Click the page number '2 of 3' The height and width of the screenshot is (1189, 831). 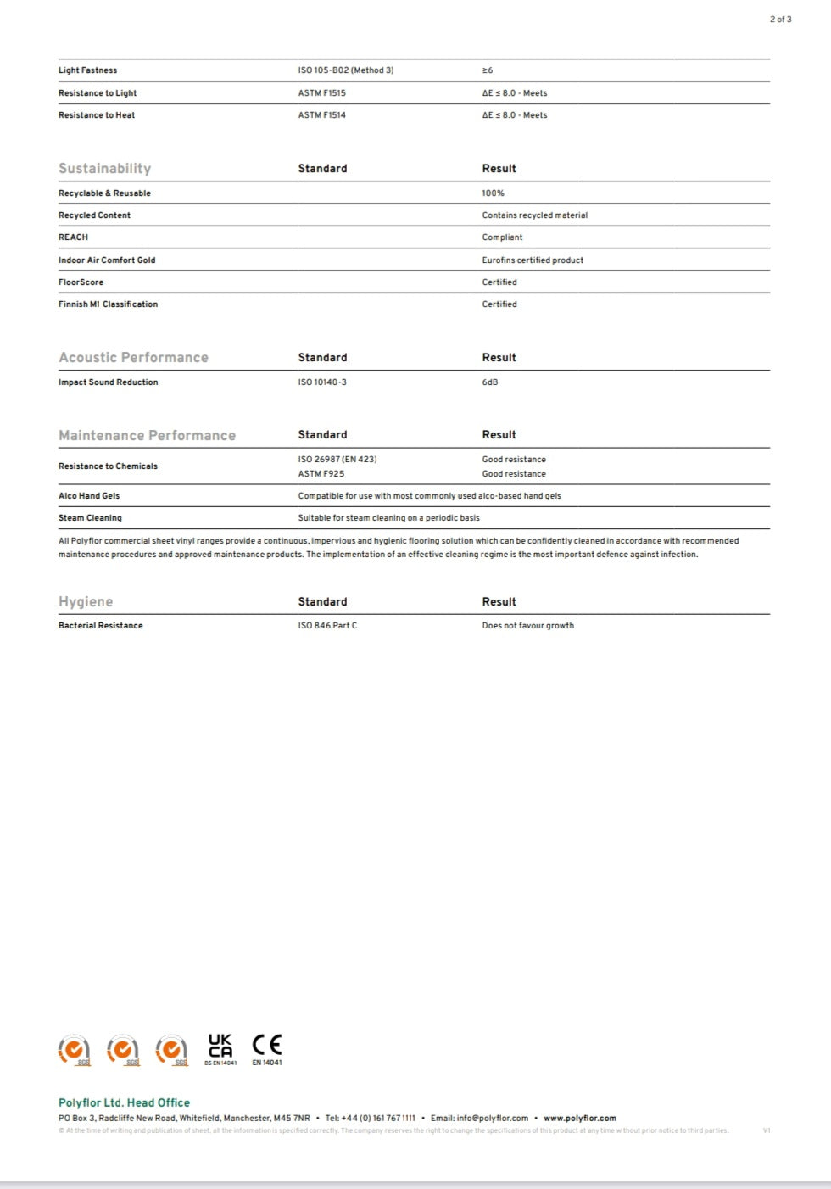[x=780, y=19]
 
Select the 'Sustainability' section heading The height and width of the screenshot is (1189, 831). [x=104, y=168]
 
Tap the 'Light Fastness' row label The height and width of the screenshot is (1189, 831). [x=87, y=70]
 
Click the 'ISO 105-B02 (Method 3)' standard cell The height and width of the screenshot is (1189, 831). [x=345, y=70]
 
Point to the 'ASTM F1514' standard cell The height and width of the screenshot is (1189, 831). [x=321, y=115]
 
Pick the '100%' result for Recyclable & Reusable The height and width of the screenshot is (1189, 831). [x=493, y=193]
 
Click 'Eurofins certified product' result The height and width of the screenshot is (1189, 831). [x=533, y=260]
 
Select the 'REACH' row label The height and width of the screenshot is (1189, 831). [x=73, y=237]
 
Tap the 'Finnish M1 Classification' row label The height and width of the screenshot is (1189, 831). [x=108, y=304]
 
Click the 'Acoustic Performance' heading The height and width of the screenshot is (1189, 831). [x=133, y=357]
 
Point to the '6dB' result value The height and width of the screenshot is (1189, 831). [x=490, y=382]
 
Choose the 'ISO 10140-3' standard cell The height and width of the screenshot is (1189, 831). [x=322, y=382]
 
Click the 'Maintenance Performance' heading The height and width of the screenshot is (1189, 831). [x=147, y=435]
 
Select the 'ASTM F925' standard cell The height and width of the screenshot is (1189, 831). [x=321, y=474]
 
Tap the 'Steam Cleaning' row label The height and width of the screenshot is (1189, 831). [x=90, y=518]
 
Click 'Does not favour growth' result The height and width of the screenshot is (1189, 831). [x=527, y=626]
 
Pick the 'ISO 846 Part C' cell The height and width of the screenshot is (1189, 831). [x=327, y=626]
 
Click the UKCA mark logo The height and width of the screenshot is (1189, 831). [x=220, y=1048]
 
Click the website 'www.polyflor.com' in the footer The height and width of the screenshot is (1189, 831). [x=580, y=1119]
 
